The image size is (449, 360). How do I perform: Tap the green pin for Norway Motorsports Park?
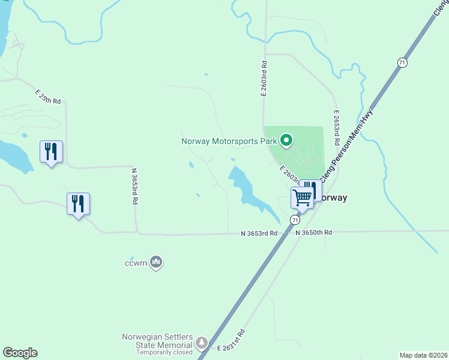[287, 141]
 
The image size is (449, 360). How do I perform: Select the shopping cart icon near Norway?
[303, 196]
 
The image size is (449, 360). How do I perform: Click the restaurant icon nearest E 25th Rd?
[51, 151]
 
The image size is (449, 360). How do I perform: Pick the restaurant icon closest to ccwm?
[78, 203]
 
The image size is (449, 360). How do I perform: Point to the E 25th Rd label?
[48, 97]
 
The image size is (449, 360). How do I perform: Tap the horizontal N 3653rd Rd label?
[259, 233]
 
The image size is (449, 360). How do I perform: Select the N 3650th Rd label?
[313, 232]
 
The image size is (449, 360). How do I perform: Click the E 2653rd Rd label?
[337, 127]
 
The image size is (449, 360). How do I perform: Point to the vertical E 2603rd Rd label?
[263, 77]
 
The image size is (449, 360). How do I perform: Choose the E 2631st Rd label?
[231, 341]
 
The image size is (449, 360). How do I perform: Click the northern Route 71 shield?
[402, 62]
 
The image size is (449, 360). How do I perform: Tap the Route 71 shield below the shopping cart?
[295, 220]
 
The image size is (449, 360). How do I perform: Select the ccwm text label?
[136, 263]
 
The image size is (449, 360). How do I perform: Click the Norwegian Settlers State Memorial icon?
[202, 343]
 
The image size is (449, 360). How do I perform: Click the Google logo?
[20, 353]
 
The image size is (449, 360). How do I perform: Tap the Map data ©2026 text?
[423, 355]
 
